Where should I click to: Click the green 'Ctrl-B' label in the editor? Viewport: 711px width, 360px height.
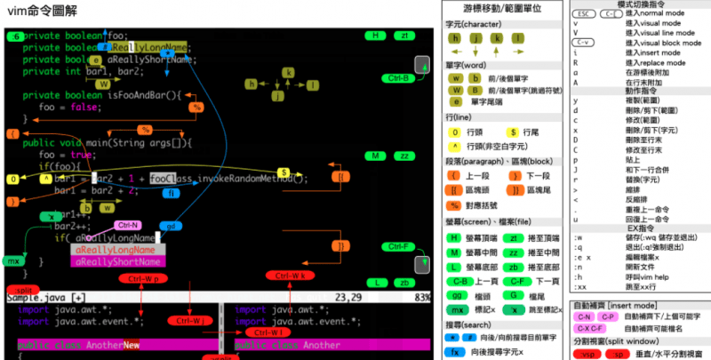tap(400, 78)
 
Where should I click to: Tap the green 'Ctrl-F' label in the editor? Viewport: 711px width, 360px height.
tap(400, 246)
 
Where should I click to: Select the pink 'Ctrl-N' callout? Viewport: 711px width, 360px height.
tap(128, 225)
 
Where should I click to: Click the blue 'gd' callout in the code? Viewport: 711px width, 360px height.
tap(172, 227)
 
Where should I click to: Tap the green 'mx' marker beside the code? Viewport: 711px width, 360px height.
tap(12, 261)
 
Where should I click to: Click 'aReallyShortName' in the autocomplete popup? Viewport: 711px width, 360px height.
tap(117, 262)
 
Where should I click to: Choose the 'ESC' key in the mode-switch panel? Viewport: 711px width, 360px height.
tap(584, 14)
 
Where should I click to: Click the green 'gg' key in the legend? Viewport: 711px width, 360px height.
tap(458, 294)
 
